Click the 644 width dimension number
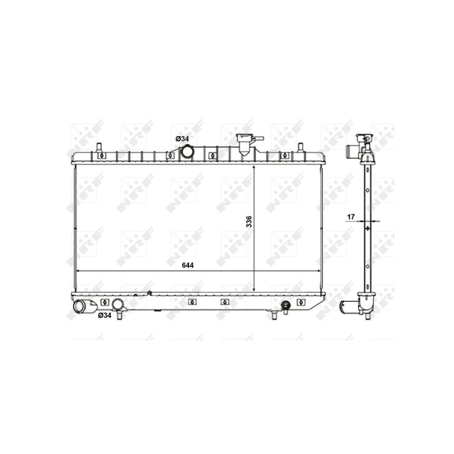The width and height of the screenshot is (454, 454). [188, 265]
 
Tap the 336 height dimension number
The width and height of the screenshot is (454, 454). [249, 221]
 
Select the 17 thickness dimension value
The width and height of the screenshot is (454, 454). [351, 217]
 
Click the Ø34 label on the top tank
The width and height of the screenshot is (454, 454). [182, 139]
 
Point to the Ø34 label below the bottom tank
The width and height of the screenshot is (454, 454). [104, 316]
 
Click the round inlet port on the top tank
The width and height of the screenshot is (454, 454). [187, 152]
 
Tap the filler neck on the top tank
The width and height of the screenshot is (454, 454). [246, 144]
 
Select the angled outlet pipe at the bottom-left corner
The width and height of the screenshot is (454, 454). [83, 306]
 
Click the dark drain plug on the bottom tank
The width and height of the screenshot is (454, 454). [286, 305]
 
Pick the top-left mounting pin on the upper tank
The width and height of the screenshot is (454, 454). [99, 147]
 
